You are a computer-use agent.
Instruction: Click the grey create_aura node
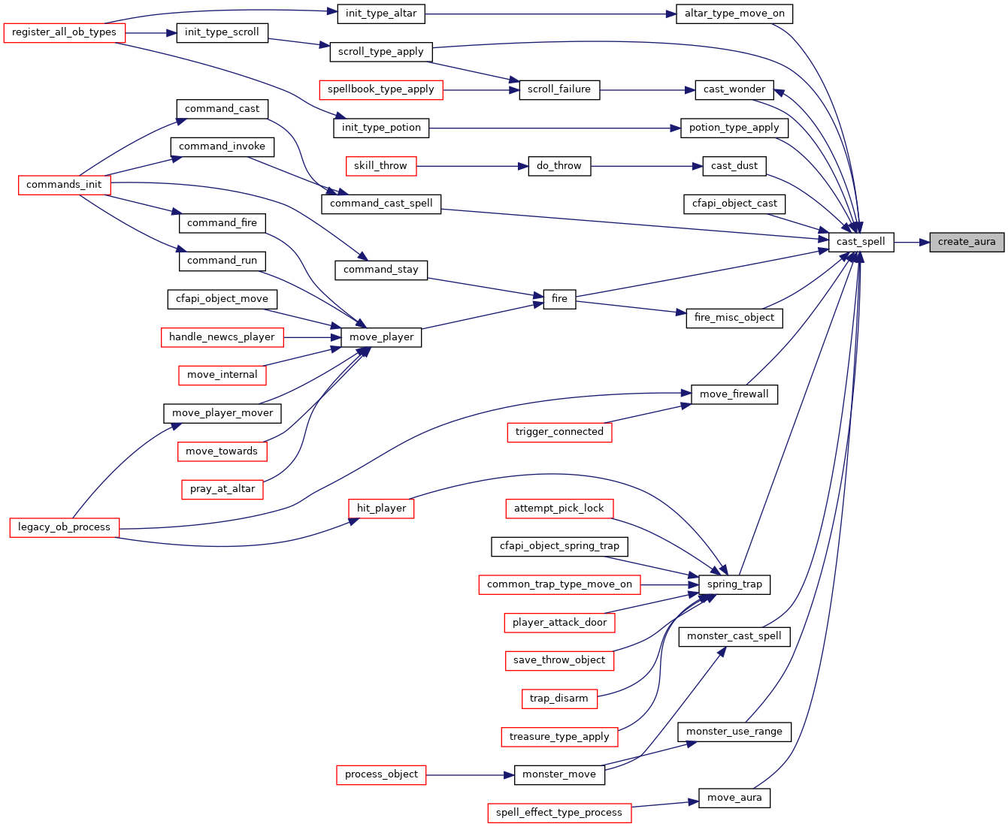966,242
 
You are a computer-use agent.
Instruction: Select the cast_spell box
861,242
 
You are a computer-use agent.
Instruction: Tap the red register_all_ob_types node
64,32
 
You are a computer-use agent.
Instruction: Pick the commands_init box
64,185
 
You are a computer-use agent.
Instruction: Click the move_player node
381,337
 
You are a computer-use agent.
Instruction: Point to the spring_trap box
734,585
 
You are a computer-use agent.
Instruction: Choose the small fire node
559,299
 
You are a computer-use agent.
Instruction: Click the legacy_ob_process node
64,527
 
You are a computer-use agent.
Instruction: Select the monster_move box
559,775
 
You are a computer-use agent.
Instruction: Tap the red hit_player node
381,509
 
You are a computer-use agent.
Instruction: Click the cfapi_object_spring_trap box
559,547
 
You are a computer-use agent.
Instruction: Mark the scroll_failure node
559,90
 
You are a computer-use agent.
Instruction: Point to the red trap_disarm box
559,699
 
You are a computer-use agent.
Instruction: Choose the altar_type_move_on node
734,14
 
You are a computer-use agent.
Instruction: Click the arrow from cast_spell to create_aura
912,242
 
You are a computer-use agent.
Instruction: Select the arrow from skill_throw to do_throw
472,166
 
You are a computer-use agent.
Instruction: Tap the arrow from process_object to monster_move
470,775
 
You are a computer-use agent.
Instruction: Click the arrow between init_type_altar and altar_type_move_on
550,14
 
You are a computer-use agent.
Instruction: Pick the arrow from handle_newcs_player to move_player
312,337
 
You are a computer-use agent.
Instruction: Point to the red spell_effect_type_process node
559,813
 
